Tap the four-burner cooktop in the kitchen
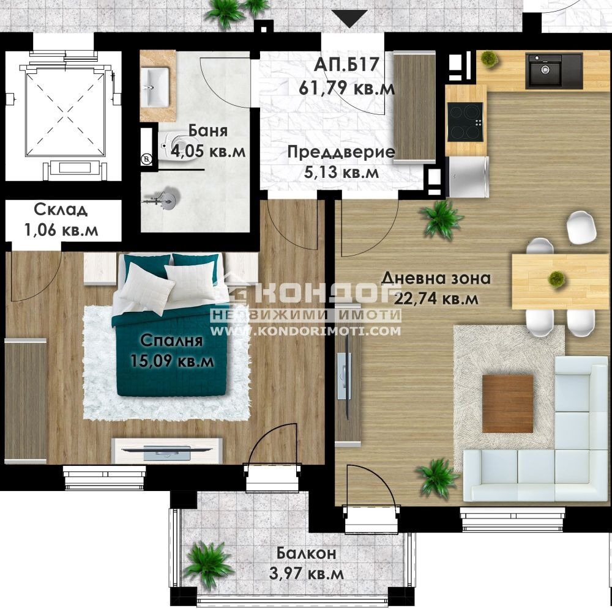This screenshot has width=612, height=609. (465, 121)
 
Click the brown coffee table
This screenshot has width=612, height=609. (507, 403)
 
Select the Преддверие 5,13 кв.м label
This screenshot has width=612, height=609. (341, 162)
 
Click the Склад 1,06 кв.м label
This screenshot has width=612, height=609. (60, 220)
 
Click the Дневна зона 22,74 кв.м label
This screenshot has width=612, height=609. (436, 288)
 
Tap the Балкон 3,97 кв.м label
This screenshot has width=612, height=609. (306, 564)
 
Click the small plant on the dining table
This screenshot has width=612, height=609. (556, 278)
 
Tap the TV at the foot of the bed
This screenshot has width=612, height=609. (166, 452)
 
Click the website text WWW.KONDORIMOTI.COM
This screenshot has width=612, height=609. (306, 331)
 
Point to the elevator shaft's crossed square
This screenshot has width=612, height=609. (59, 112)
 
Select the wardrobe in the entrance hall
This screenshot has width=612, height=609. (414, 108)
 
